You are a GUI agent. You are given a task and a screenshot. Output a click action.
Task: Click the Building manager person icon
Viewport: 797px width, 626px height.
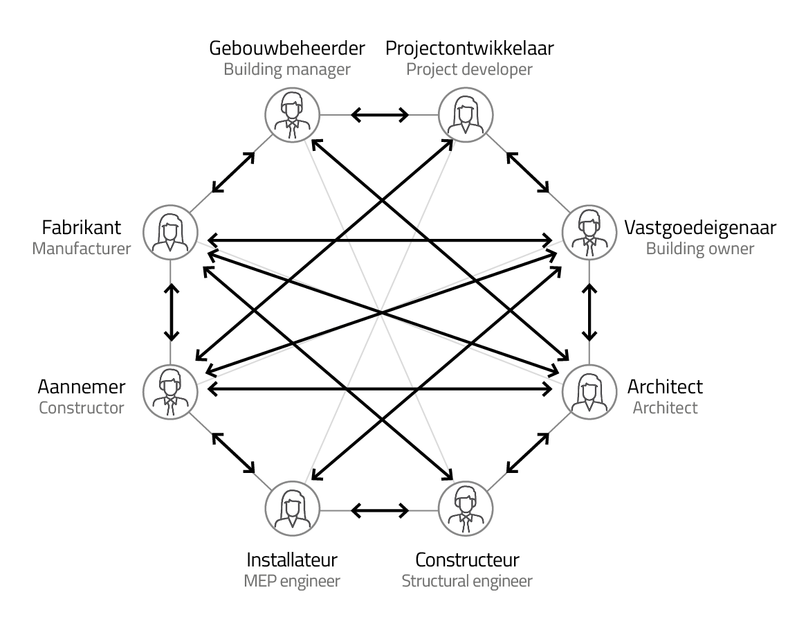(293, 115)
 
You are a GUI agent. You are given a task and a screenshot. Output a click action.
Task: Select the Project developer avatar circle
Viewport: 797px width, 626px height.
(466, 115)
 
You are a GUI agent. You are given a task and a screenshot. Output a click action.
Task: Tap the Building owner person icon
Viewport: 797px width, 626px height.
(589, 232)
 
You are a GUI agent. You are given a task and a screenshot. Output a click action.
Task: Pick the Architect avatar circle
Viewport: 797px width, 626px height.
(589, 391)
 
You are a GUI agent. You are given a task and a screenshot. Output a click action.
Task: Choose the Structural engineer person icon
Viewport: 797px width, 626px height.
(466, 508)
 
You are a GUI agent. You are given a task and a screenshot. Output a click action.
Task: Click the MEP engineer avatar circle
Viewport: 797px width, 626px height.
(293, 508)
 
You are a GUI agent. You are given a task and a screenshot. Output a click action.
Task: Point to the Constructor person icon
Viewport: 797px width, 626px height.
(170, 391)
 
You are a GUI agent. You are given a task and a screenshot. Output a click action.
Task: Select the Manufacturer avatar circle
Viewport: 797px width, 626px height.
(170, 232)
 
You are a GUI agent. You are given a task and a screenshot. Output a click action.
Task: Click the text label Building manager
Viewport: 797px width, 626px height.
(286, 69)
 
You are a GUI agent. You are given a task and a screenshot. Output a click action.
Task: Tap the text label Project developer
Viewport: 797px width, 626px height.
(469, 69)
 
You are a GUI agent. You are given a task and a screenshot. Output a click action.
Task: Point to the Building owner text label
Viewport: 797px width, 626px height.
(699, 249)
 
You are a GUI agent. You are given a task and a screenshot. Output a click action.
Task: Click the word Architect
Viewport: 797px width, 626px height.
(665, 407)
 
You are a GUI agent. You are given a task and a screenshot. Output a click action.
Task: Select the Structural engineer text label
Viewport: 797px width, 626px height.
(467, 580)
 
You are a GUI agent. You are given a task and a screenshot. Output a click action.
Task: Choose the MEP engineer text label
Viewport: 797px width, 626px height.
(292, 580)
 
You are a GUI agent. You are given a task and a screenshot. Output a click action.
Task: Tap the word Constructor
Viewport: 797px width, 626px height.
(82, 407)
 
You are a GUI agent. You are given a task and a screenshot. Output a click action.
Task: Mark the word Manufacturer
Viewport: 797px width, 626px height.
(82, 249)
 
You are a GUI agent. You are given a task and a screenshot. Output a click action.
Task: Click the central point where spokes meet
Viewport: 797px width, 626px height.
(379, 312)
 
